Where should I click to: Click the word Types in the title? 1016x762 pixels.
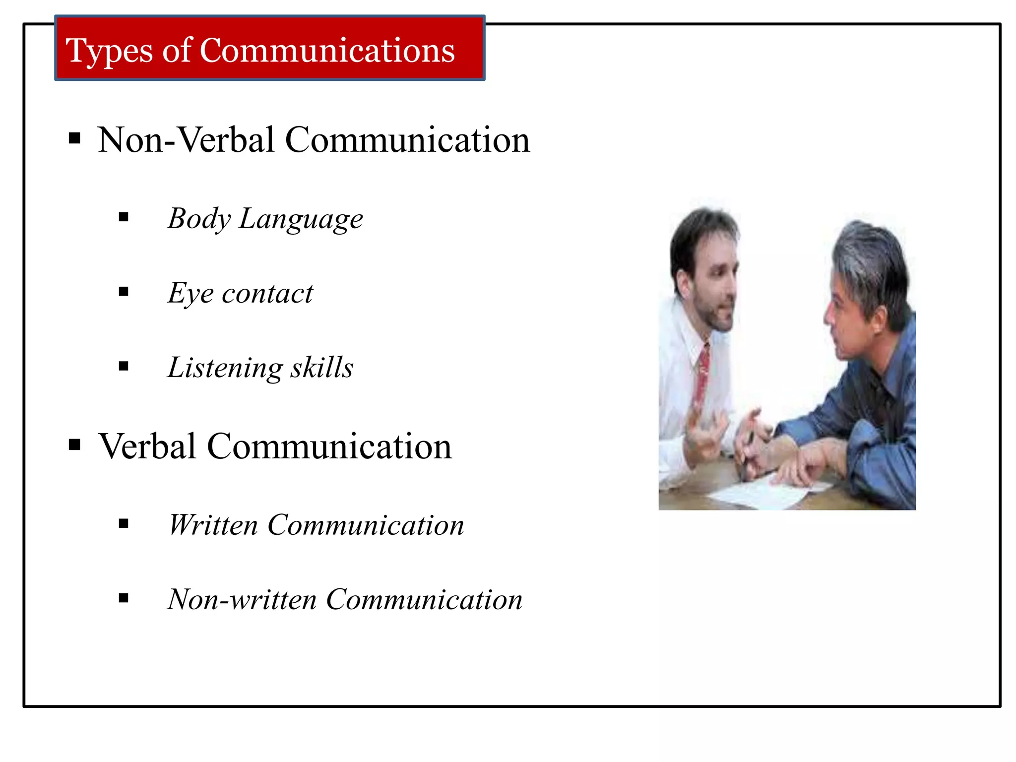click(x=109, y=52)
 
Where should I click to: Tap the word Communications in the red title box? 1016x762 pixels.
click(x=327, y=51)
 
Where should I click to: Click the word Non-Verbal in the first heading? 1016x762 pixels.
click(x=186, y=140)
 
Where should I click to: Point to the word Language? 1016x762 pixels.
click(x=301, y=219)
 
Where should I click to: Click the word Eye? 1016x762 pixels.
click(x=190, y=293)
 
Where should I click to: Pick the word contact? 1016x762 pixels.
click(x=267, y=294)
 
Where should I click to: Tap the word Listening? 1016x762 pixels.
click(x=225, y=368)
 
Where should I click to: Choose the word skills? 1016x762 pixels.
click(x=322, y=368)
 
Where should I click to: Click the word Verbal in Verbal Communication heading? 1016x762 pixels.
click(x=147, y=446)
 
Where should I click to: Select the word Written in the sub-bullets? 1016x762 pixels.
click(x=213, y=525)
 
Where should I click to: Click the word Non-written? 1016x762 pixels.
click(x=242, y=599)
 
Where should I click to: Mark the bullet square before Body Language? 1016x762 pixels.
click(x=124, y=217)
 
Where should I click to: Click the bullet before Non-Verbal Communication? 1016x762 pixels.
click(x=74, y=138)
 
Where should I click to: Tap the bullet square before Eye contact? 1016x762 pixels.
click(x=124, y=292)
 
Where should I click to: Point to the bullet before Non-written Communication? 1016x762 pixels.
click(x=124, y=598)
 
